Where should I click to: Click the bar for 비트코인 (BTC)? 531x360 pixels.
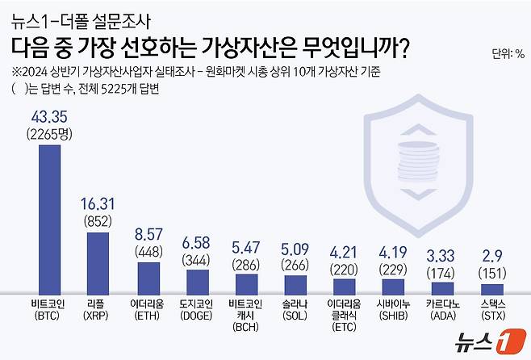[50, 219]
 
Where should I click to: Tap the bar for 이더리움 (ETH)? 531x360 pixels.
[148, 278]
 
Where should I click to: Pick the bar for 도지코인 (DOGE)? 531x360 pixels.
[198, 282]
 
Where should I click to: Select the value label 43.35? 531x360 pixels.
[49, 118]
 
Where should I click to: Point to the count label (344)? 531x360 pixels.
[198, 260]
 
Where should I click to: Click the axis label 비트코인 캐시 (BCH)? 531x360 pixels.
[246, 315]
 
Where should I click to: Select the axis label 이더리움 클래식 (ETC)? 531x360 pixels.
[345, 315]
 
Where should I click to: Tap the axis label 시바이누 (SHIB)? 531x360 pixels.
[393, 309]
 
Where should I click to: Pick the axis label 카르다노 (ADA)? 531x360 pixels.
[442, 309]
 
